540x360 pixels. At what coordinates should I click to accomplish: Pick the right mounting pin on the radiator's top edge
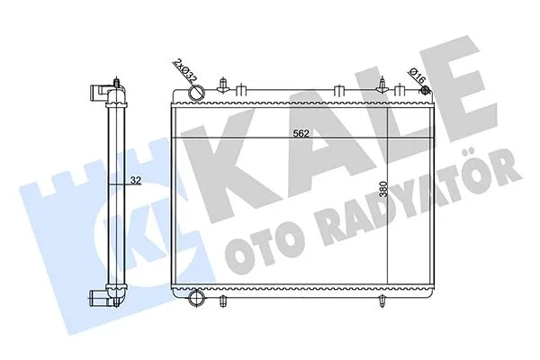point(385,86)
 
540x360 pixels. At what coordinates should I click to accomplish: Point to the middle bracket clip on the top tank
point(337,89)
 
